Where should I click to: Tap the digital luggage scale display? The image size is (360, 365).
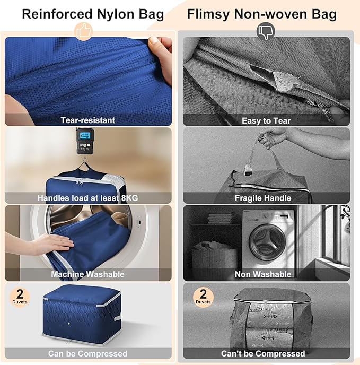click(84, 136)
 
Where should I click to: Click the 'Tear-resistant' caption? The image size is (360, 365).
click(88, 120)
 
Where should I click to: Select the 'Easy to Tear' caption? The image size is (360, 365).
click(266, 120)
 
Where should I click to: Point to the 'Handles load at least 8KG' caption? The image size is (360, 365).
click(88, 198)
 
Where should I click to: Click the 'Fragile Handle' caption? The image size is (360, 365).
click(263, 198)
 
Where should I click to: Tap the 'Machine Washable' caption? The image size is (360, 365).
click(88, 274)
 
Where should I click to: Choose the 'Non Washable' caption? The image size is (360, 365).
click(263, 274)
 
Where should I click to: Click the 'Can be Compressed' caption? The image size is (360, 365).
click(88, 353)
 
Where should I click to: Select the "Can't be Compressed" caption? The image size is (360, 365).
click(263, 353)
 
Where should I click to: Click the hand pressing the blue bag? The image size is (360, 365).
click(50, 245)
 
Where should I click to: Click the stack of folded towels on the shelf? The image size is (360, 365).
click(217, 218)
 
